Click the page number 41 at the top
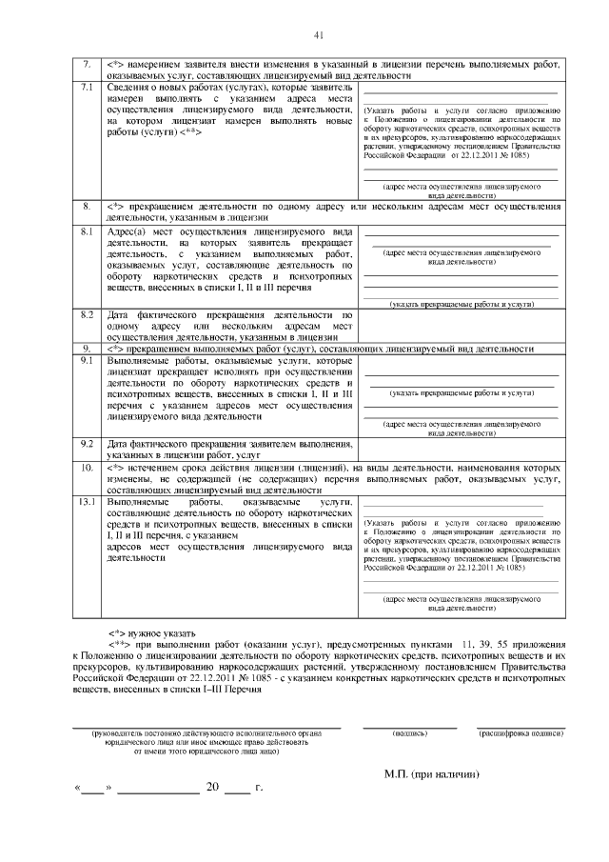click(x=319, y=36)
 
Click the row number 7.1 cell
click(x=86, y=89)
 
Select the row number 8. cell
click(x=86, y=205)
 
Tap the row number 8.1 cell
click(x=86, y=231)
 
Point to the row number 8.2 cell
click(x=86, y=313)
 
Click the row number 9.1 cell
click(x=86, y=361)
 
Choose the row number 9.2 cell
click(x=86, y=443)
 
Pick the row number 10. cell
click(x=86, y=469)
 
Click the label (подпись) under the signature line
click(x=410, y=733)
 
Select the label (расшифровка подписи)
click(x=520, y=733)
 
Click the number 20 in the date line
click(x=212, y=789)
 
